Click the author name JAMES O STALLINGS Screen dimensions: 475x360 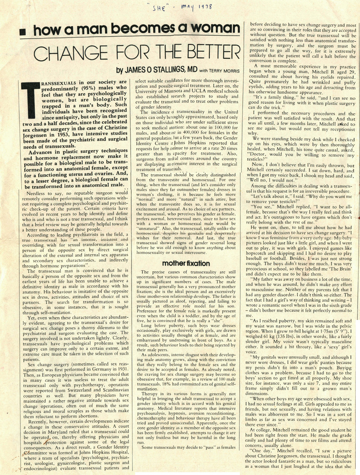pyautogui.click(x=154, y=70)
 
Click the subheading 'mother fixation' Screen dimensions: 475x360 pyautogui.click(x=186, y=263)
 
